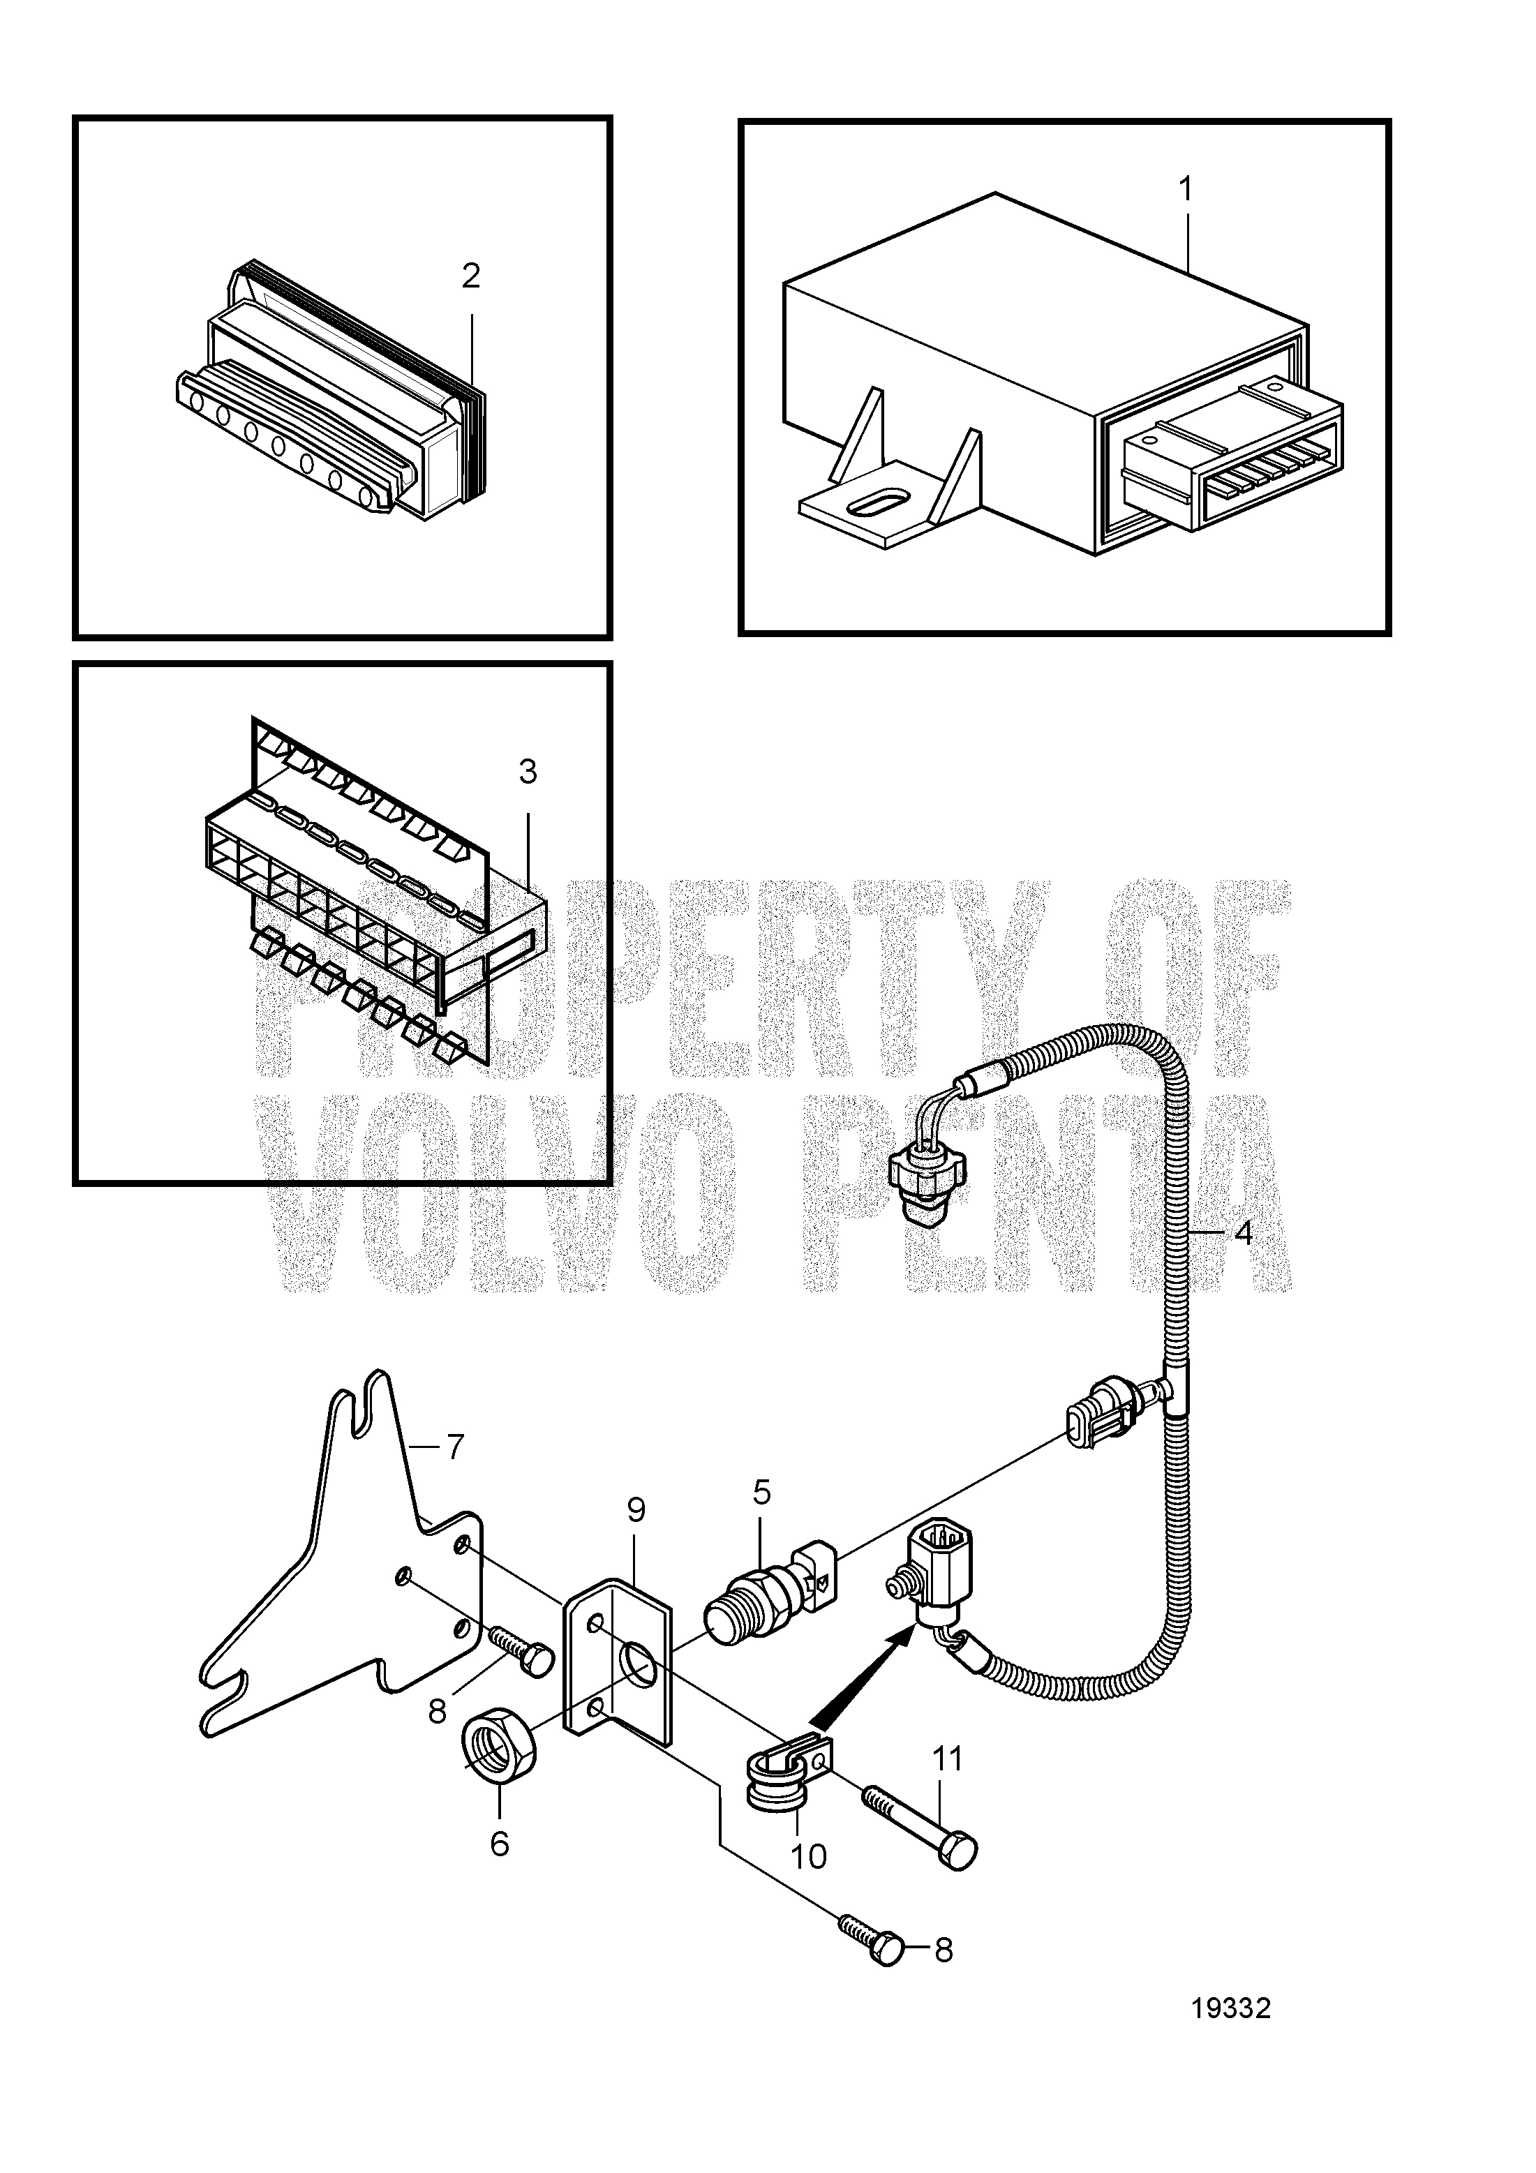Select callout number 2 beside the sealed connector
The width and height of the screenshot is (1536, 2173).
(471, 276)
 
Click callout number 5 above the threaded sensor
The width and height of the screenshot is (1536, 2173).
(762, 1493)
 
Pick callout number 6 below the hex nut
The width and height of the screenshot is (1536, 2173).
(499, 1843)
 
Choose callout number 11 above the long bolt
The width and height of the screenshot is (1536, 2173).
(946, 1758)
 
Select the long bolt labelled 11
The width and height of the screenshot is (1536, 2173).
(918, 1825)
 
